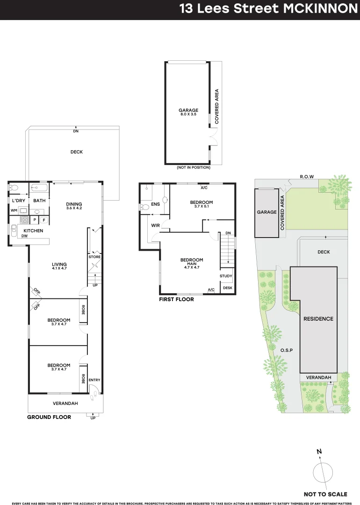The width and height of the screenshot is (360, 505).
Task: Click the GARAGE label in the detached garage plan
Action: click(189, 110)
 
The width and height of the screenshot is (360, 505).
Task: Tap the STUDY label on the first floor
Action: click(226, 276)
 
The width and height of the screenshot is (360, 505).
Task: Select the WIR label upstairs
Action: click(156, 226)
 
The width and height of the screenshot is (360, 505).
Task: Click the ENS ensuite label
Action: click(155, 204)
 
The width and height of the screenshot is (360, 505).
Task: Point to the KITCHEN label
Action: click(33, 231)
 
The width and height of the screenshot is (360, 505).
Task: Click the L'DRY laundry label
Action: click(18, 201)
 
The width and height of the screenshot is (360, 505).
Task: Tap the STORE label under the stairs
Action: click(95, 257)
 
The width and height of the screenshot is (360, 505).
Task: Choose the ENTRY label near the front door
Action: click(94, 380)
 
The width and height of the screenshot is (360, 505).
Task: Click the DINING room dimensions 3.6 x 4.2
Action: click(74, 208)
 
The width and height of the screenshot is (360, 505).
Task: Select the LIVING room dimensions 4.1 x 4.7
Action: click(59, 269)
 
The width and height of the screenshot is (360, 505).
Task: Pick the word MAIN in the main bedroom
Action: click(192, 264)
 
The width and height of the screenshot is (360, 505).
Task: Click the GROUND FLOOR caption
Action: click(49, 417)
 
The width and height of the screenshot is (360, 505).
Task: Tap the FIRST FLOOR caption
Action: click(176, 299)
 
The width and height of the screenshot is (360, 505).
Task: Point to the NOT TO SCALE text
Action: click(325, 494)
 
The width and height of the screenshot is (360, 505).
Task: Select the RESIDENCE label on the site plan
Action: click(318, 319)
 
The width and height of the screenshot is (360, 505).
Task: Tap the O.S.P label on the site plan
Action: click(287, 350)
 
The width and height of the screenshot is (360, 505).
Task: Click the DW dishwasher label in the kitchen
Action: click(24, 236)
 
